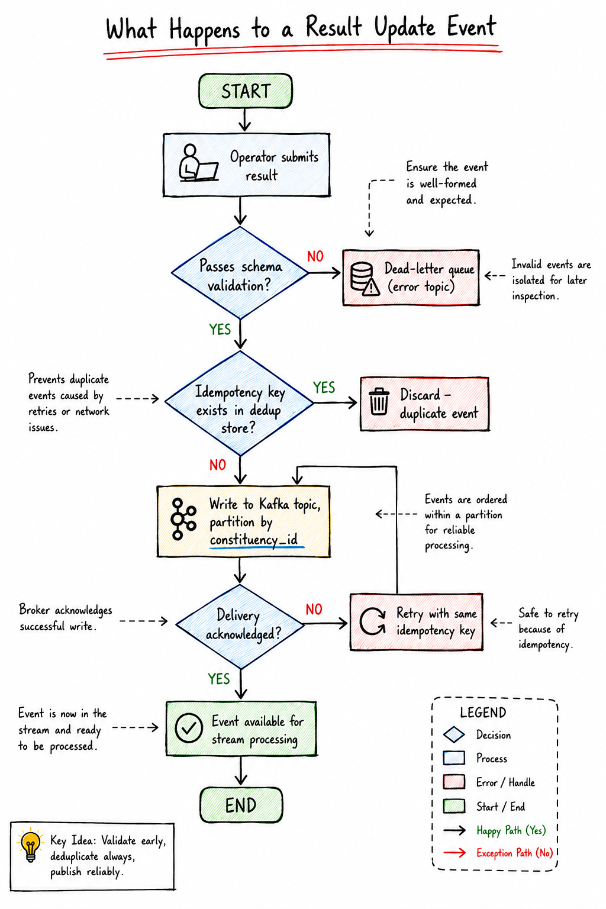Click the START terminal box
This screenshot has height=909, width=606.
(245, 91)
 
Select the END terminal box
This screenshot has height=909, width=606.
(241, 805)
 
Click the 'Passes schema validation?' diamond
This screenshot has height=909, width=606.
(240, 273)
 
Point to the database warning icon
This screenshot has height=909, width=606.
(365, 278)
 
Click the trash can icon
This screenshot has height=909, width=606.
(379, 402)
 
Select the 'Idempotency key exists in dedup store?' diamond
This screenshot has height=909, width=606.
(240, 402)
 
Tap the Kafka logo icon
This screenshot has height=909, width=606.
(183, 519)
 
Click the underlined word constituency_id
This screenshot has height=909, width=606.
(254, 540)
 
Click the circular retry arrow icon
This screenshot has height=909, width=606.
(372, 621)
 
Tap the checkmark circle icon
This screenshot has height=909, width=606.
(189, 728)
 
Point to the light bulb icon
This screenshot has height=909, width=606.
(30, 846)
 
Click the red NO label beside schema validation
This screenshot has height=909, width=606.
(315, 256)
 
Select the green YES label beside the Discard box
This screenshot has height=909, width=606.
(324, 388)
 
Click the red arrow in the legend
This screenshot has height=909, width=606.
(454, 853)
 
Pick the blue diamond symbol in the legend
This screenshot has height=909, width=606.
(454, 734)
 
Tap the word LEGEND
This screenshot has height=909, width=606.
(483, 713)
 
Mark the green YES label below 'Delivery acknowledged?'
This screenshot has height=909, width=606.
(219, 679)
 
